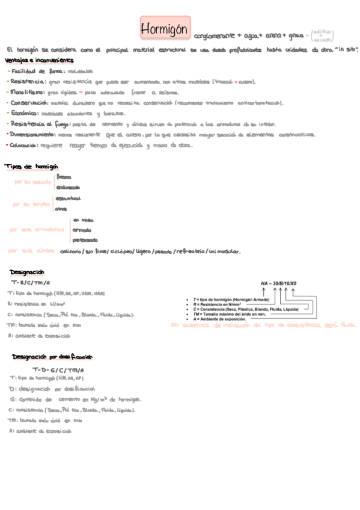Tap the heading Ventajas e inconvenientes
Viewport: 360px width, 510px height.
(x=39, y=61)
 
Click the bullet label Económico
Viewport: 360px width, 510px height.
(x=25, y=114)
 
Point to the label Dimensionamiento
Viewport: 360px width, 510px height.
(x=35, y=135)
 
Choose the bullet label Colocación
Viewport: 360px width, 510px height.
(x=25, y=146)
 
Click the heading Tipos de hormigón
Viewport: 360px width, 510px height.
(x=31, y=167)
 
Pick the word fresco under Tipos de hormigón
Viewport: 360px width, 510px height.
(x=64, y=177)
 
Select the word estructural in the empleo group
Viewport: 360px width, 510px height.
(x=68, y=198)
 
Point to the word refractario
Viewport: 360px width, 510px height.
(x=190, y=251)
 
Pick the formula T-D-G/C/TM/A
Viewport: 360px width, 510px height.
(x=58, y=369)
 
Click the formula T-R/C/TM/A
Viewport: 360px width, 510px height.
(x=31, y=283)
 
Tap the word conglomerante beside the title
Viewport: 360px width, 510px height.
(x=214, y=36)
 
